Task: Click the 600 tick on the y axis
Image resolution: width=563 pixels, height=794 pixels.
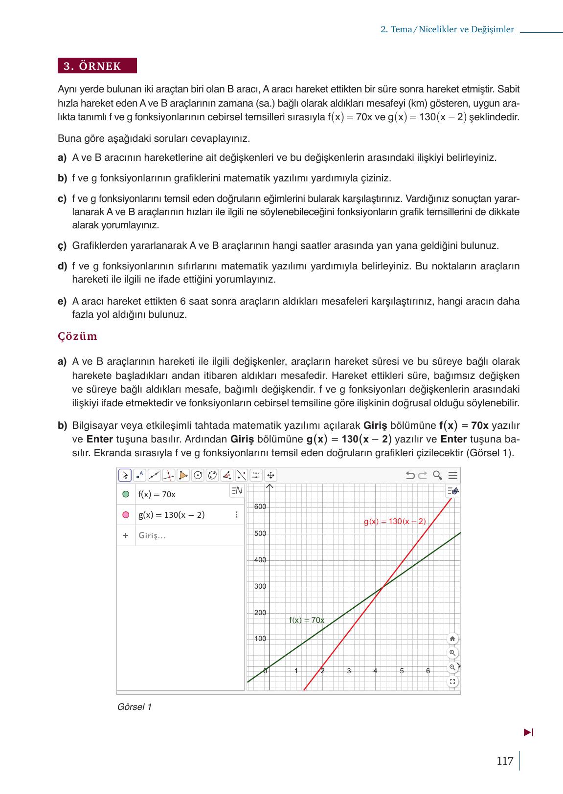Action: (x=260, y=507)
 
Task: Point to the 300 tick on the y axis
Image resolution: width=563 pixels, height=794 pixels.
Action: (x=260, y=586)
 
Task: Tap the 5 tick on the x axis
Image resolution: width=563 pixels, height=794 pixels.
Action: (x=402, y=671)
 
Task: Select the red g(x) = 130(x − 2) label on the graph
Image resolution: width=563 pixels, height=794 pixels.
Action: (x=395, y=522)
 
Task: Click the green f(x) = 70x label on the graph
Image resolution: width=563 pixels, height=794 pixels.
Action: (x=307, y=620)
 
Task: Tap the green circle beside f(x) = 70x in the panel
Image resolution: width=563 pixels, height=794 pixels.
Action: (x=126, y=494)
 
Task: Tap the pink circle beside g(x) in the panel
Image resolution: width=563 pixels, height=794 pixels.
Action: (x=126, y=515)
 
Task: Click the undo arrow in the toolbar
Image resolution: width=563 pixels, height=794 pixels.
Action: (x=410, y=475)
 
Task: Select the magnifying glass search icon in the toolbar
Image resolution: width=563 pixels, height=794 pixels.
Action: (x=438, y=475)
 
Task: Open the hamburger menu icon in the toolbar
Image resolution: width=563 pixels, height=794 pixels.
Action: (x=453, y=475)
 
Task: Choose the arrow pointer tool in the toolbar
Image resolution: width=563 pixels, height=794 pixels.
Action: (x=125, y=475)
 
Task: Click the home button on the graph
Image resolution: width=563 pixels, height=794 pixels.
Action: (x=452, y=639)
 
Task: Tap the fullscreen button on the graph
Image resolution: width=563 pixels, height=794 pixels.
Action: (x=452, y=682)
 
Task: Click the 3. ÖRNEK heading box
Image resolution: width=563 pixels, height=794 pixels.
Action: (x=97, y=66)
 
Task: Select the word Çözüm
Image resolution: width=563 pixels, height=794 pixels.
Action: (x=77, y=336)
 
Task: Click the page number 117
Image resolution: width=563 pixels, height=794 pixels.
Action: (x=505, y=761)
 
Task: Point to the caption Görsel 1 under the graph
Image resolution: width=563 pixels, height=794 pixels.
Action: (x=135, y=707)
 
